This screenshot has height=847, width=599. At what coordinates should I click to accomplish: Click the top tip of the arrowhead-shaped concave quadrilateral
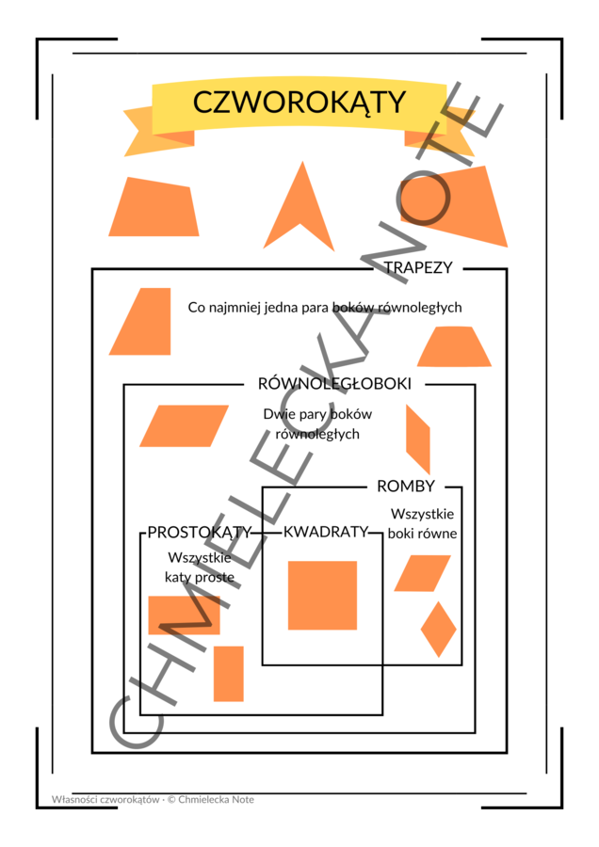302,161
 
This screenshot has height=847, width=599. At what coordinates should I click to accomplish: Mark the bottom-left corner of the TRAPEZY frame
92,752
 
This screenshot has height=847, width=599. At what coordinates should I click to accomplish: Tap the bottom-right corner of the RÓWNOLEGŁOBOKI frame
476,732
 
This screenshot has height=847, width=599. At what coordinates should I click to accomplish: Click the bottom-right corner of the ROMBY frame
461,664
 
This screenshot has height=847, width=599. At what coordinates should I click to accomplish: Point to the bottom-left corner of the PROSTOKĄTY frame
140,714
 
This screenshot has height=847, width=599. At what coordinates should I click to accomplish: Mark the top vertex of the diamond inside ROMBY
439,601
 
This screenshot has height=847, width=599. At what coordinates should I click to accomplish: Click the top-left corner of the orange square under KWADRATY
288,561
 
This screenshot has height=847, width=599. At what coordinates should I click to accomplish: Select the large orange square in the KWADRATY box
323,596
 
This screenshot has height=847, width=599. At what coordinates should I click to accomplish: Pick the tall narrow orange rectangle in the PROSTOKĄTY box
229,674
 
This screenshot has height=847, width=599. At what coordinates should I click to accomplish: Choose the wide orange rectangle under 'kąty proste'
185,615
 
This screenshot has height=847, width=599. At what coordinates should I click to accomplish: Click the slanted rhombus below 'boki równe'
422,573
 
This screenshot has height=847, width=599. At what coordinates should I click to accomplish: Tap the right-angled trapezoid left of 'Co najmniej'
140,322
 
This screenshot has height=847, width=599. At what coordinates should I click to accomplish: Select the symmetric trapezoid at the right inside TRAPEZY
454,346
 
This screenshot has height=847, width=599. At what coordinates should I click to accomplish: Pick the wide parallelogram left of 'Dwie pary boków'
185,425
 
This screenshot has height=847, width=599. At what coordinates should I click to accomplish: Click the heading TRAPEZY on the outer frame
418,267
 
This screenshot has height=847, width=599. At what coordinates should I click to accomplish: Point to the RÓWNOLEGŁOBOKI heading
334,384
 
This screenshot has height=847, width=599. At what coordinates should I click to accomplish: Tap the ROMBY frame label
406,487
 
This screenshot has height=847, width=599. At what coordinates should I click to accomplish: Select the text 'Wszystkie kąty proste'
200,567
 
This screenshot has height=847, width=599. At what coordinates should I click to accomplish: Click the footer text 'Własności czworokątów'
105,799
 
